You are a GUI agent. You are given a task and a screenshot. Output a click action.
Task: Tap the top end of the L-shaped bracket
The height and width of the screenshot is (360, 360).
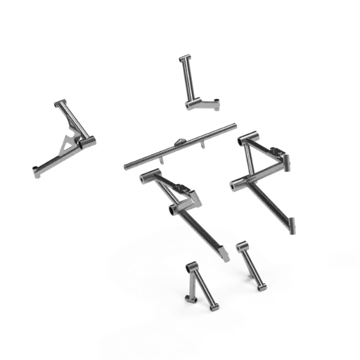click(184, 56)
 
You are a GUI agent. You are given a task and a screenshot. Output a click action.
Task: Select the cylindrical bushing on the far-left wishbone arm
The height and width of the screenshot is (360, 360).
click(86, 143)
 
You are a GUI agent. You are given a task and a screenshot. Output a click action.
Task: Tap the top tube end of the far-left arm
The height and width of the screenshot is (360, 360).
click(59, 103)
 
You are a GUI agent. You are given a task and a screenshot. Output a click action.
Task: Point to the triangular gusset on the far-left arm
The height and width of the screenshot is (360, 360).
click(67, 144)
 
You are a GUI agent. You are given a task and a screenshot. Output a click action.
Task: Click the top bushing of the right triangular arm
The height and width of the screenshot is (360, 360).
click(247, 137)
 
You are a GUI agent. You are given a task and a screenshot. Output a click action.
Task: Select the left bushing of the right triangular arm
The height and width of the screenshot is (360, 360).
click(236, 185)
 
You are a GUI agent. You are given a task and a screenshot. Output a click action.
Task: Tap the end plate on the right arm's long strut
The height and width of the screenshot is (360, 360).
click(291, 225)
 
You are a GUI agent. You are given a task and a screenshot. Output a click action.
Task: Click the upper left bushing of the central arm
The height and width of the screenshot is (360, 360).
click(146, 176)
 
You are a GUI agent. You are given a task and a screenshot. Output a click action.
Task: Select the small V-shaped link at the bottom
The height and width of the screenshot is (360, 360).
click(199, 285)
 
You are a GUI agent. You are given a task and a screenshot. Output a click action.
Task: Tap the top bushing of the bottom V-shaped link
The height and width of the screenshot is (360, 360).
click(191, 266)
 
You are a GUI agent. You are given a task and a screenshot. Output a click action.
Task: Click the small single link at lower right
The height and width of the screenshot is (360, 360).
click(251, 265)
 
